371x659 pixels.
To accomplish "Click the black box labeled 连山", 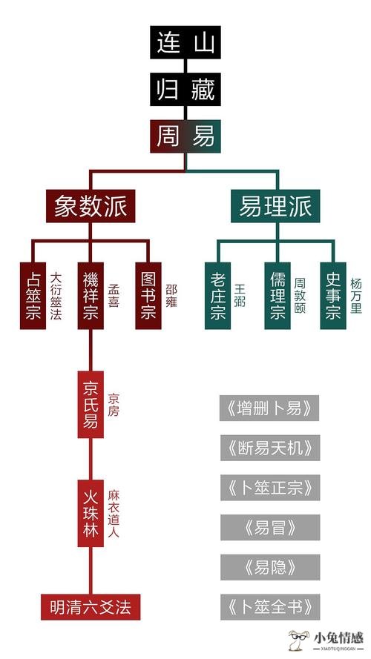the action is click(185, 42).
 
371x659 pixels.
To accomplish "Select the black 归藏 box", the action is click(185, 89).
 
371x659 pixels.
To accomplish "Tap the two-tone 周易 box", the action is click(185, 136).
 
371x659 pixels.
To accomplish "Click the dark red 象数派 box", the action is click(91, 206).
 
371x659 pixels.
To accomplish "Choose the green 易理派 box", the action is click(275, 206).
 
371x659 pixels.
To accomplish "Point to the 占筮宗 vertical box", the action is click(33, 296).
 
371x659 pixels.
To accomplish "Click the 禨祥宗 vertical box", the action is click(91, 296).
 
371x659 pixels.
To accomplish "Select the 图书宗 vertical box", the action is click(148, 296).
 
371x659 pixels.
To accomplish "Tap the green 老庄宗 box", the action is click(217, 296).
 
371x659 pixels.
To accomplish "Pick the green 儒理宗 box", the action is click(278, 296).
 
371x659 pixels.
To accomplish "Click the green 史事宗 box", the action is click(333, 296).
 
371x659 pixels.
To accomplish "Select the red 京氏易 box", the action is click(91, 404).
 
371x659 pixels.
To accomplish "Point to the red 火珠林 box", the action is click(91, 513).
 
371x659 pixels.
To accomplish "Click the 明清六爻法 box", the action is click(91, 607).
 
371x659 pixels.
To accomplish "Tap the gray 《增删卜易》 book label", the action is click(269, 408).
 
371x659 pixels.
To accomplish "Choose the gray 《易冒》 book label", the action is click(270, 528).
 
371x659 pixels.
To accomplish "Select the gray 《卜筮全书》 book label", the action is click(270, 607).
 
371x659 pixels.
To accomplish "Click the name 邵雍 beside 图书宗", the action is click(171, 296).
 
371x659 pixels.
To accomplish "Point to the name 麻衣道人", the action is click(114, 513).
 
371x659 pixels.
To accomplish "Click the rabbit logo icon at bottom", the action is click(299, 640).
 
